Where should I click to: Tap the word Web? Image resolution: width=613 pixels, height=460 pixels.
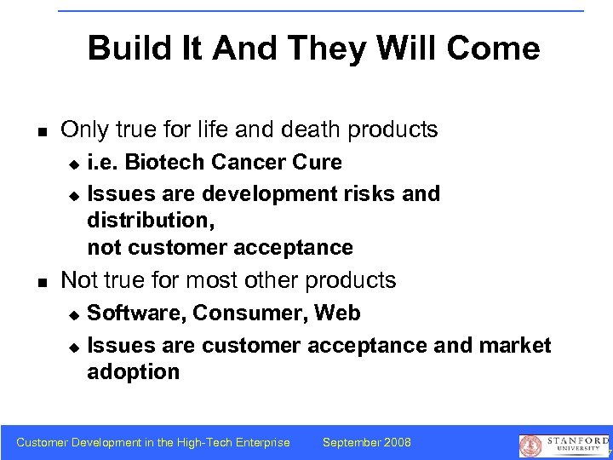[x=337, y=313]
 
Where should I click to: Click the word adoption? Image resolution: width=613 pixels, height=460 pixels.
[x=133, y=372]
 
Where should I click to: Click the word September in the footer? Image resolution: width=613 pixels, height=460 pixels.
[x=352, y=442]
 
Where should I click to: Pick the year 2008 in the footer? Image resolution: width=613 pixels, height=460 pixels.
[x=397, y=442]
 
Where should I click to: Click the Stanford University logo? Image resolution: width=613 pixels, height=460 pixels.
[x=563, y=445]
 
